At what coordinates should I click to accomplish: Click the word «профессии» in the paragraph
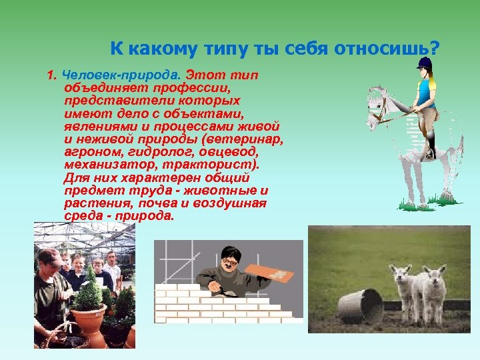point(186,87)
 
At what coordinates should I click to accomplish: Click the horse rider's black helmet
point(425,64)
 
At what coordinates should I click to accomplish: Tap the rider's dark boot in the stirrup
point(431,151)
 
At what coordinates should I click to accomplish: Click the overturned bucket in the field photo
point(360,306)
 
